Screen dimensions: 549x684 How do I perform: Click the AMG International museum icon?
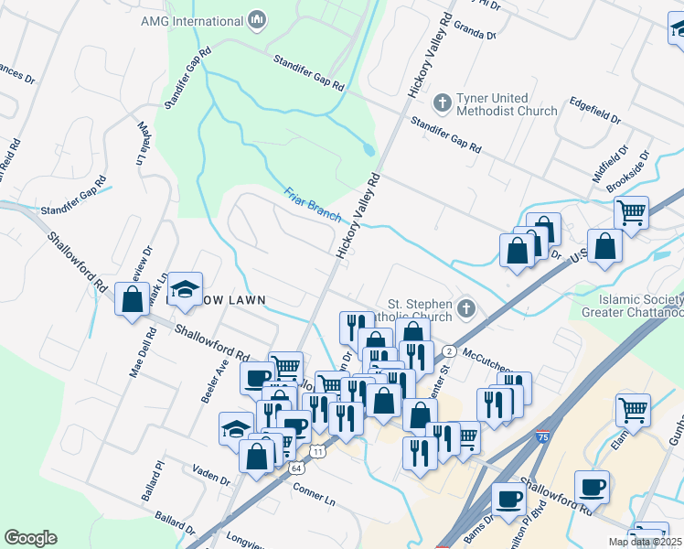[257, 20]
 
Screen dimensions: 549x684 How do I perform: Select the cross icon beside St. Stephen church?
[466, 307]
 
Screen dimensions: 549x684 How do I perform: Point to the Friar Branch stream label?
[313, 204]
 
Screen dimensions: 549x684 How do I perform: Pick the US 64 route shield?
[297, 468]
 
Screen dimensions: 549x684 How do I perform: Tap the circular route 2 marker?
[449, 351]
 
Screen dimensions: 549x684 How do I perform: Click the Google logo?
[30, 538]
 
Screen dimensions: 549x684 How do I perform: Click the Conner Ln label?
[315, 494]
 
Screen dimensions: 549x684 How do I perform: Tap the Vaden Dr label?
[211, 476]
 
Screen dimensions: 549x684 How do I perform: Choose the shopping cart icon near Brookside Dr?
[631, 212]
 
